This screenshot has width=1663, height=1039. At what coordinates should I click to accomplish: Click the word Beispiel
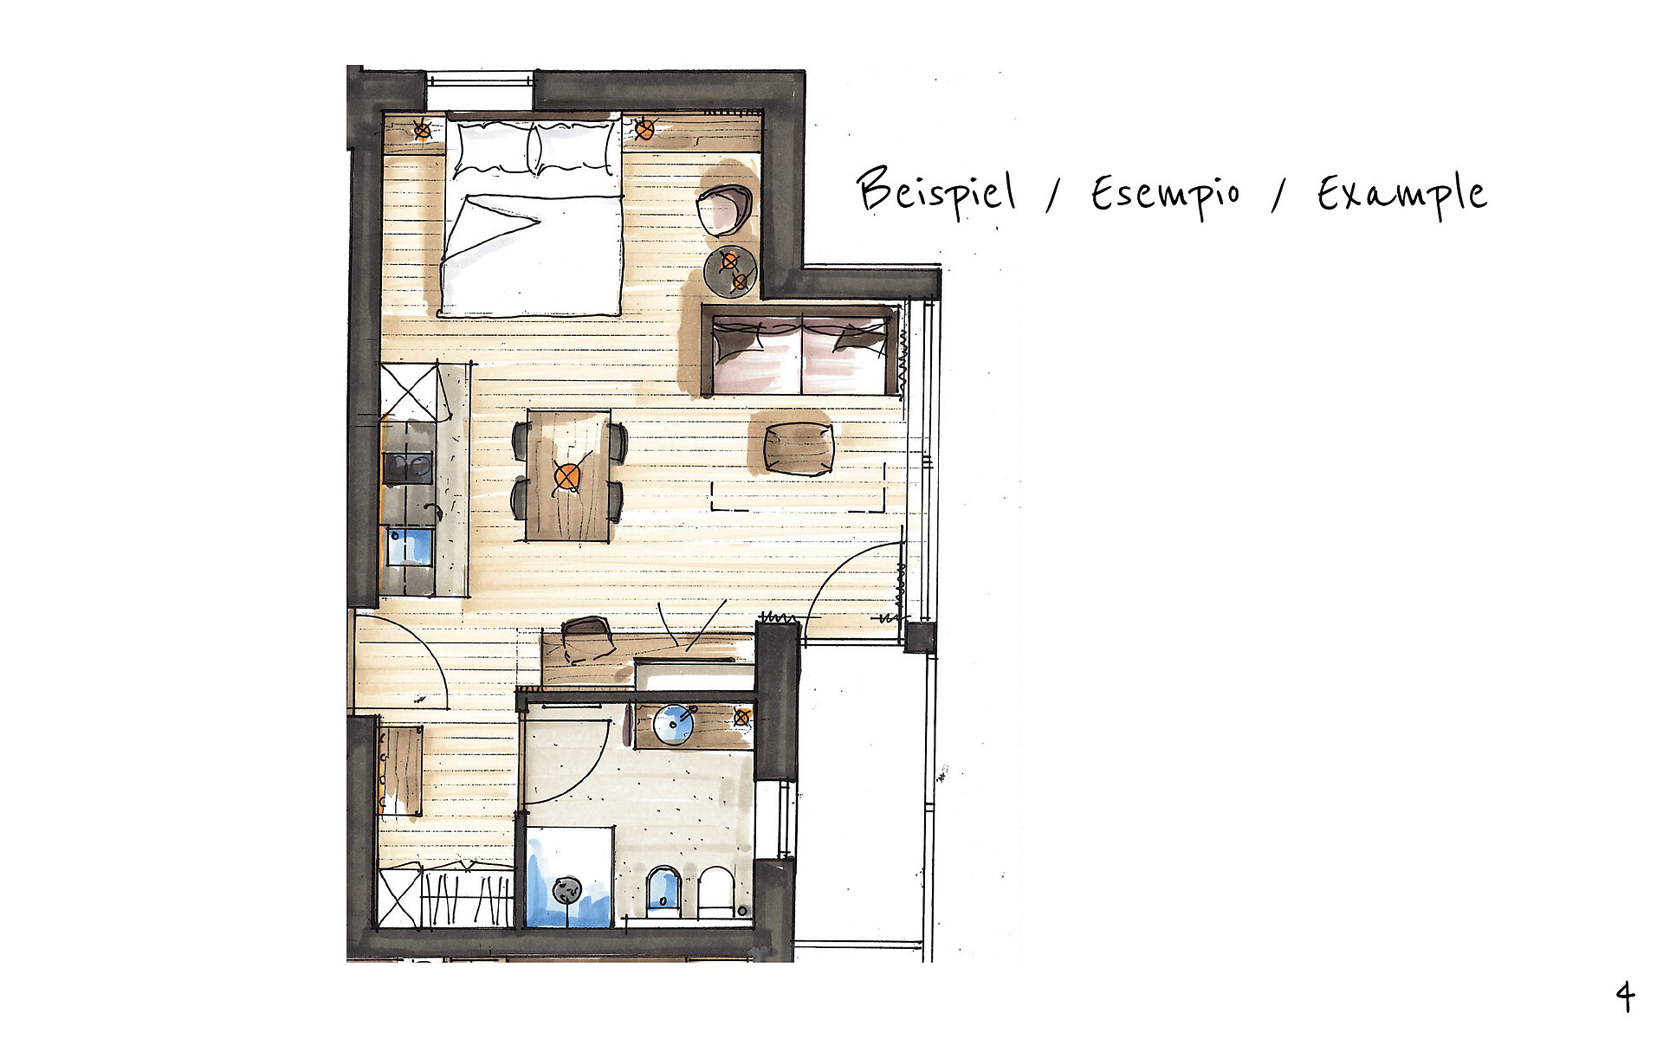click(x=936, y=191)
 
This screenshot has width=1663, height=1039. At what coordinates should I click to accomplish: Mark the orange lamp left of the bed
click(x=422, y=131)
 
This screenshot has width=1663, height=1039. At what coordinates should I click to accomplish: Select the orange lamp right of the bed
click(x=644, y=130)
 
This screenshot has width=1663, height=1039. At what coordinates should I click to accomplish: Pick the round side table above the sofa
click(x=731, y=271)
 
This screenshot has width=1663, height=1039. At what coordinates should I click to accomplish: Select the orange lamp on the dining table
click(x=568, y=476)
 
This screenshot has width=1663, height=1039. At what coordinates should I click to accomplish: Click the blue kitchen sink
click(x=408, y=546)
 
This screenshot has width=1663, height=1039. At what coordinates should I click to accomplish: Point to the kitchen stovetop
click(x=408, y=468)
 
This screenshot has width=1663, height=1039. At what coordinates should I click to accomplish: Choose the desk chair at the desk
click(x=587, y=637)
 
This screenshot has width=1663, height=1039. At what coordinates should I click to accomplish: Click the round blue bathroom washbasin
click(x=674, y=725)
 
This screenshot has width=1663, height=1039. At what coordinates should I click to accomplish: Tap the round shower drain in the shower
click(x=567, y=888)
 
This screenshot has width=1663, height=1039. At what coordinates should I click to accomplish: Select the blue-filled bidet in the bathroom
click(x=663, y=892)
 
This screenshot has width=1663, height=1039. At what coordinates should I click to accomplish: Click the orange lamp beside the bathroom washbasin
click(x=742, y=717)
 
